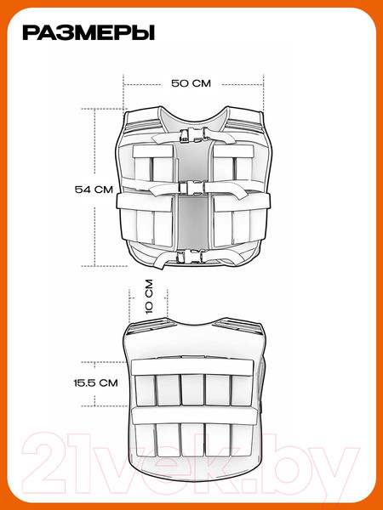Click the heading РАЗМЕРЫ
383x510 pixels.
(89, 33)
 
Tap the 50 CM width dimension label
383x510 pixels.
(191, 83)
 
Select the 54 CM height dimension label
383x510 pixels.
(94, 190)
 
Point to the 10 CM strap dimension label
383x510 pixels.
(149, 297)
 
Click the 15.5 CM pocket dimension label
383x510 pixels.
(95, 382)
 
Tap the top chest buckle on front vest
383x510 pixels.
(194, 134)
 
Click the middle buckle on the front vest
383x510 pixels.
(193, 188)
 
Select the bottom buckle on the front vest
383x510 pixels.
(191, 257)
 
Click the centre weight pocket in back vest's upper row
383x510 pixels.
(192, 389)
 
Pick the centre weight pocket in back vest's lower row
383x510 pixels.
(193, 439)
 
